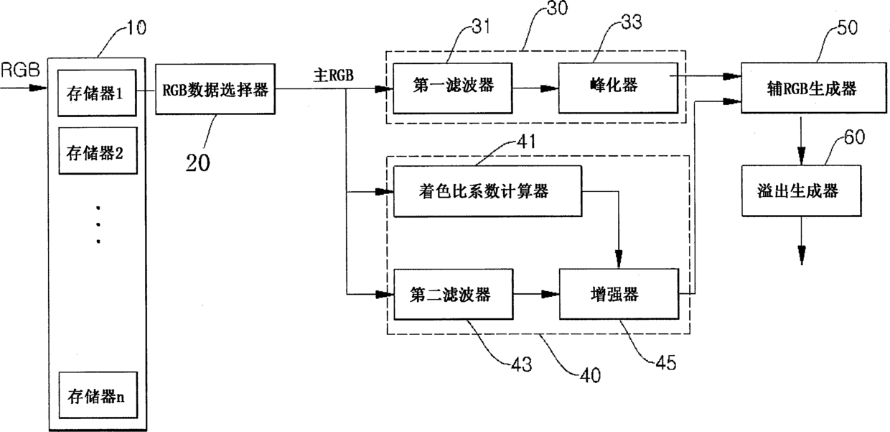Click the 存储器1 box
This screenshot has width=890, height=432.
coord(97,93)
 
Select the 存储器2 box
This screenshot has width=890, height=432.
coord(98,151)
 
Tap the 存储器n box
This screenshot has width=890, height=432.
coord(98,395)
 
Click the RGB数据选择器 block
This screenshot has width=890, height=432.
coord(215,89)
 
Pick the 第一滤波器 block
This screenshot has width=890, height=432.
coord(453,88)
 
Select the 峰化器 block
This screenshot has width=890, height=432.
coord(618,88)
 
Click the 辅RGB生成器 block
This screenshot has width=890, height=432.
coord(814,88)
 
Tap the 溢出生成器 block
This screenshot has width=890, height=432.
coord(802,191)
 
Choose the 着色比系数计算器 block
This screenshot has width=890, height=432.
coord(487,191)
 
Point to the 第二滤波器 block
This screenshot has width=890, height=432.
coord(454,295)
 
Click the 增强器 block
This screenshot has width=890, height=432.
coord(619,294)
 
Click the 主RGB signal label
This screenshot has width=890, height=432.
coord(333,75)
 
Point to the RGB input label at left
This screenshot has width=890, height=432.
coord(20,70)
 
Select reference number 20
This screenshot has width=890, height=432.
coord(198,162)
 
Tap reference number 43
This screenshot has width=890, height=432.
coord(522,364)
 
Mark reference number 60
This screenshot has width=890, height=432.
coord(854,137)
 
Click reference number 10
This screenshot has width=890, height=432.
coord(136,28)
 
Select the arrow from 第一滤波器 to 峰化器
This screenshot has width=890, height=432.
coord(535,88)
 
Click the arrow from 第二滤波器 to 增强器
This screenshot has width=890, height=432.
coord(536,295)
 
